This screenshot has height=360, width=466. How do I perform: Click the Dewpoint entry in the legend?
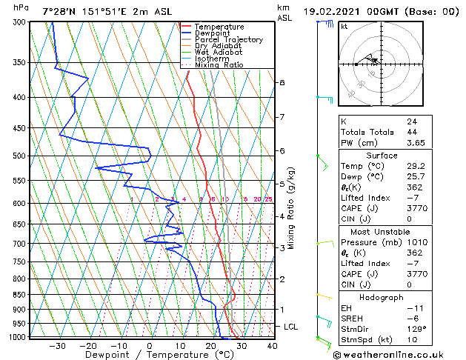(x=208, y=33)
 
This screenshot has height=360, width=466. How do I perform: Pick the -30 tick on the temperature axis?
(x=56, y=345)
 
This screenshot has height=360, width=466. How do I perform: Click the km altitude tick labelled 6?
(x=282, y=150)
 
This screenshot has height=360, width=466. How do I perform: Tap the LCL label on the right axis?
(x=291, y=327)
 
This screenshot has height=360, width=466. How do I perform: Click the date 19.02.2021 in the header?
(x=333, y=12)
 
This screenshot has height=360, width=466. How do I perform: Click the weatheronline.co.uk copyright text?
(x=388, y=353)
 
